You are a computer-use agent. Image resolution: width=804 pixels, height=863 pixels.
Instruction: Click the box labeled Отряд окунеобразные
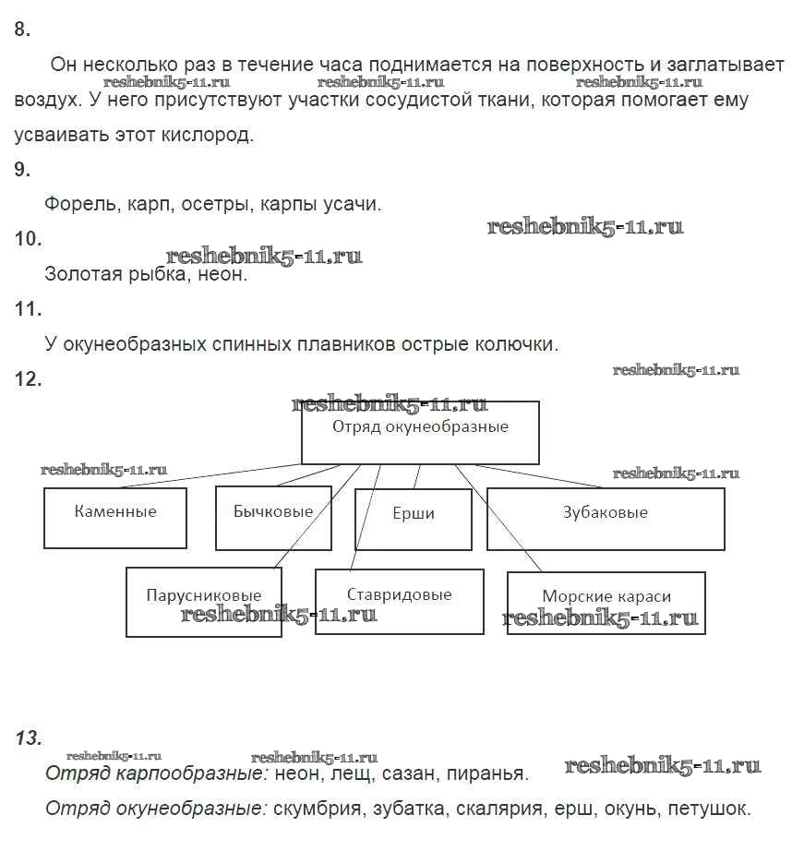point(420,432)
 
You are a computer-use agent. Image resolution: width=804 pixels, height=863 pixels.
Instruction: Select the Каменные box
point(115,517)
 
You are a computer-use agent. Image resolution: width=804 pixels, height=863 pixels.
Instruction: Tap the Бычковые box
point(273,517)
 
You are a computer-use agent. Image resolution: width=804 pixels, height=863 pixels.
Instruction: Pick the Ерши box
point(413,519)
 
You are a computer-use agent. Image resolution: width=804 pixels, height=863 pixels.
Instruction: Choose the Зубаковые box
point(606,519)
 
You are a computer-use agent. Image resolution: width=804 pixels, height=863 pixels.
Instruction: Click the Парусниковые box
point(203,603)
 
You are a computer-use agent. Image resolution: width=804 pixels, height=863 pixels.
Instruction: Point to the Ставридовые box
point(399,601)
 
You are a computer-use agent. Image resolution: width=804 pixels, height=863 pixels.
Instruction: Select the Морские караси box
point(606,603)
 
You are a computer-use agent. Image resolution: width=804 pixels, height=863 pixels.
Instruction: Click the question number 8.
point(23,30)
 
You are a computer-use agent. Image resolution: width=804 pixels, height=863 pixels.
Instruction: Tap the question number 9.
point(23,169)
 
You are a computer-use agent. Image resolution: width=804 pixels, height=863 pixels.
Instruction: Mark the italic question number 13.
point(29,737)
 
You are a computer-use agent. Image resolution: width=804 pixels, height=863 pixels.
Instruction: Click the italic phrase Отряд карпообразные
point(157,773)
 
